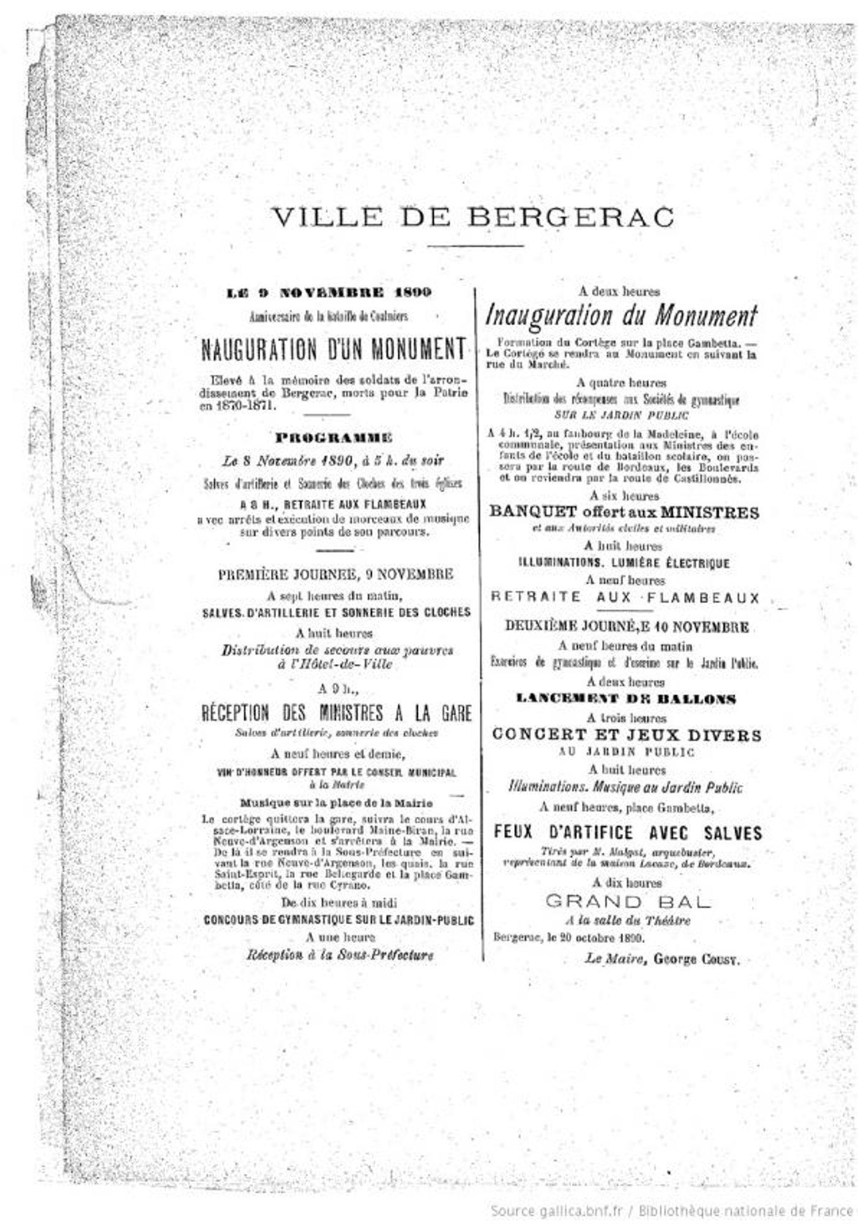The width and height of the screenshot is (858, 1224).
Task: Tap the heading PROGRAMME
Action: coord(334,438)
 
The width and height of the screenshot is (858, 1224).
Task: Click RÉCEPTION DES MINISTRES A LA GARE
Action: coord(337,714)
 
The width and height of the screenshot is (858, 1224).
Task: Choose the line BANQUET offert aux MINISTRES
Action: coord(624,512)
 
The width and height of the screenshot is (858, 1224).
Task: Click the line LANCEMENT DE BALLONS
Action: coord(626,699)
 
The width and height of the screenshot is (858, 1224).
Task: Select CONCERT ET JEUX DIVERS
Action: coord(627,734)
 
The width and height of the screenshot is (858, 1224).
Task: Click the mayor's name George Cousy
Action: coord(696,959)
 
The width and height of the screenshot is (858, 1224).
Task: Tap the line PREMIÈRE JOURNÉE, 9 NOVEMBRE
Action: coord(335,575)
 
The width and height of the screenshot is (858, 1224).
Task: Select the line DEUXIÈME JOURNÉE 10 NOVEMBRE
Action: coord(627,627)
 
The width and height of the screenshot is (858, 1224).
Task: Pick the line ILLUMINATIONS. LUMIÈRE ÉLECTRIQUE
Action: coord(624,562)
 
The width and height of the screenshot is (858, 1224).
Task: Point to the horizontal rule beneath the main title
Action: coord(475,246)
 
